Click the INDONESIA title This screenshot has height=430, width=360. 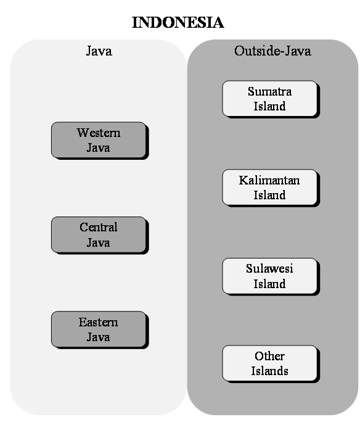[178, 22]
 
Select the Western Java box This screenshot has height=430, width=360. [99, 140]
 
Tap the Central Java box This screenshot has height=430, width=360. [99, 235]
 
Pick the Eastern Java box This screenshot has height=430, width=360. [99, 329]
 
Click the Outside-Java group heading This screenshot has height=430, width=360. [272, 51]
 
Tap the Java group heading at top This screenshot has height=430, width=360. [99, 51]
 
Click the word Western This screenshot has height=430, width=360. [99, 133]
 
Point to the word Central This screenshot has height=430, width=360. [99, 227]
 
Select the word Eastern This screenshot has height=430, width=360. [99, 322]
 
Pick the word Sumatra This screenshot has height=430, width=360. [269, 91]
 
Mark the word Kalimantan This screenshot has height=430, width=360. [269, 180]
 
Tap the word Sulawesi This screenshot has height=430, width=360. [269, 268]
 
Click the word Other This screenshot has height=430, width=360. [269, 356]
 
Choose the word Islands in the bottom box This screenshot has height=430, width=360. [269, 371]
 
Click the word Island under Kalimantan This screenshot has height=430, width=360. [269, 195]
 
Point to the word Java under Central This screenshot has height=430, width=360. [99, 242]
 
